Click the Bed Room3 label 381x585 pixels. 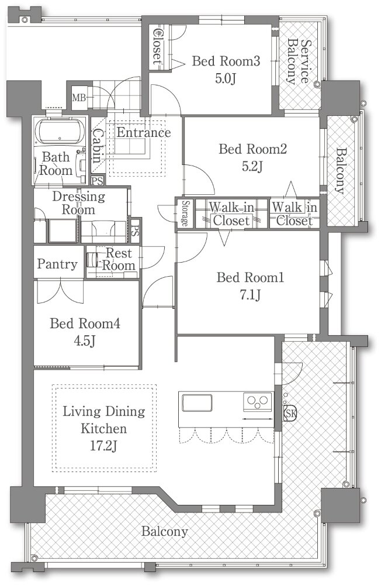tap(226, 61)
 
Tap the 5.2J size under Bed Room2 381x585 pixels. tap(252, 166)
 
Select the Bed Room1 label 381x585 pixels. tap(251, 277)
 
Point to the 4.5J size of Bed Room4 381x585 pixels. tap(85, 340)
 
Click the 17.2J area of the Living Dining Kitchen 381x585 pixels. tap(103, 445)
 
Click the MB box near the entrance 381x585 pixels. tap(79, 98)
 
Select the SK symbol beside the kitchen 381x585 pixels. tap(290, 413)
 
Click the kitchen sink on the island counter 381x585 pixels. tap(197, 403)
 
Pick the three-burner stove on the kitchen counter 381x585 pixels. tap(258, 402)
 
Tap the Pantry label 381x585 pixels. tap(57, 264)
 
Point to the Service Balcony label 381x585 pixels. tap(299, 61)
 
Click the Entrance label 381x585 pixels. tap(144, 132)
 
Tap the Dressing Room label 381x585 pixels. tap(78, 202)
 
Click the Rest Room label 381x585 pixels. tap(119, 259)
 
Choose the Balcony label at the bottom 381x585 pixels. tap(164, 531)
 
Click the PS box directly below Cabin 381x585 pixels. tap(98, 181)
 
